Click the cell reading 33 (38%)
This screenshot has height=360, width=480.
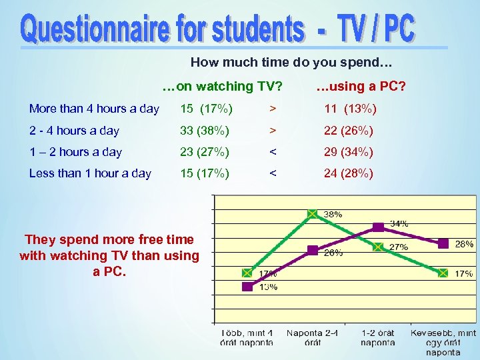(x=205, y=131)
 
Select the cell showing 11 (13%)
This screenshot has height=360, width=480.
(x=350, y=109)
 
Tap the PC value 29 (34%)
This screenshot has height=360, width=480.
(x=349, y=152)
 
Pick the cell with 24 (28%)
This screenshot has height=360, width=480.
(x=349, y=173)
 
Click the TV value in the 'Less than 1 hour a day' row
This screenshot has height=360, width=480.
(x=205, y=173)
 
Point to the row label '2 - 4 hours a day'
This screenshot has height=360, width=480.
(x=74, y=131)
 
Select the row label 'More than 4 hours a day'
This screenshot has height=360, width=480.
(x=94, y=109)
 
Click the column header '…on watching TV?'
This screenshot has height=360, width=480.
(x=223, y=86)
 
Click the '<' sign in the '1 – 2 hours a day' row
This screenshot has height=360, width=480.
(x=271, y=152)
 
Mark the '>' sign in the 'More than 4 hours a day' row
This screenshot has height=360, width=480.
(x=271, y=109)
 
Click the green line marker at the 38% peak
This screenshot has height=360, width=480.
(x=312, y=214)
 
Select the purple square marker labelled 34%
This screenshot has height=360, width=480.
(x=378, y=227)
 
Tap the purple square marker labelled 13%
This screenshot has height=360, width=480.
(x=247, y=287)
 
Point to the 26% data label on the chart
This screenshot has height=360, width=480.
(x=333, y=253)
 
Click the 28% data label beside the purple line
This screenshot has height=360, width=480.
(x=464, y=245)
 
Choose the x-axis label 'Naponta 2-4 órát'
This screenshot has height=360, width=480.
(x=312, y=337)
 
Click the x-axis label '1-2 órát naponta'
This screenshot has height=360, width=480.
(x=377, y=337)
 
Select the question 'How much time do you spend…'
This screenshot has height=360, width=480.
(x=292, y=63)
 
